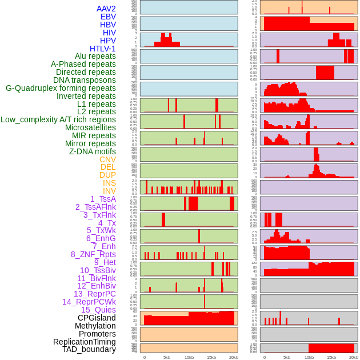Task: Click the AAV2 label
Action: tap(106, 9)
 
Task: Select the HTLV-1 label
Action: tap(102, 49)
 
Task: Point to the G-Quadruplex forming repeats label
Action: tap(61, 88)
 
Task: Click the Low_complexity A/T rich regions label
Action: tap(58, 119)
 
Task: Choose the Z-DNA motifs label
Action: tap(92, 151)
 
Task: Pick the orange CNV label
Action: tap(107, 159)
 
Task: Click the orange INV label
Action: tap(109, 191)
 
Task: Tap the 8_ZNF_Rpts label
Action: tap(93, 254)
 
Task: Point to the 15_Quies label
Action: tap(98, 310)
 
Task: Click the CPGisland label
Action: tap(97, 318)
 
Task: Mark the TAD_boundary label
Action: tap(89, 349)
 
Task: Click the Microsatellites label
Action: tap(90, 127)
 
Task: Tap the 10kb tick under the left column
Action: tap(189, 357)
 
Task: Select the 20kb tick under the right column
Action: tap(353, 357)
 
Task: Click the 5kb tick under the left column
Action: tap(167, 357)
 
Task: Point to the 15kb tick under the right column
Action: tap(331, 357)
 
